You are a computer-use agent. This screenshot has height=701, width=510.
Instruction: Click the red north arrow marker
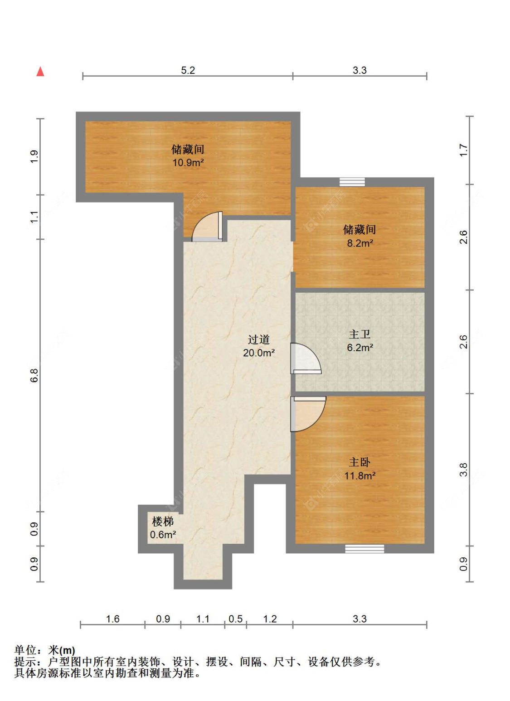point(40,72)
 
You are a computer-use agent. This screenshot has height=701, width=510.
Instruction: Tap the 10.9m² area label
point(188,162)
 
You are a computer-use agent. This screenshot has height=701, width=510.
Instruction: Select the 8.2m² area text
point(360,243)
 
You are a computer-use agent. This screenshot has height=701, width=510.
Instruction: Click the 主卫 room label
point(359,334)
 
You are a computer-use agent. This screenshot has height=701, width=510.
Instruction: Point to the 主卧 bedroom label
point(359,462)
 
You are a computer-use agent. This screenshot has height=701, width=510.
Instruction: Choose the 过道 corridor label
point(258,339)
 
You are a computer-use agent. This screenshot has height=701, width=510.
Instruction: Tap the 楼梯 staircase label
point(162,522)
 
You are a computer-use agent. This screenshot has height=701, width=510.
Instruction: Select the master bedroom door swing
point(308,414)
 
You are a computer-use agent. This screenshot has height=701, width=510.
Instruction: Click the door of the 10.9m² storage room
point(207,226)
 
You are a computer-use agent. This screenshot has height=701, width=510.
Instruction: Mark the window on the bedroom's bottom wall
point(364,549)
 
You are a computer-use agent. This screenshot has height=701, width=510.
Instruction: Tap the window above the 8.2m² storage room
point(352,182)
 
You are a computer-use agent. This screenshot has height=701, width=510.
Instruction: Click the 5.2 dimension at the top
point(188,70)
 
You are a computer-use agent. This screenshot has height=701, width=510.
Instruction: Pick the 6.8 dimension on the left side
point(34,375)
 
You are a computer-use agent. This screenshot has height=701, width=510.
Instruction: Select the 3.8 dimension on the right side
point(463,469)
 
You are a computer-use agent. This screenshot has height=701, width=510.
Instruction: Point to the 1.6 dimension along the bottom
point(113,619)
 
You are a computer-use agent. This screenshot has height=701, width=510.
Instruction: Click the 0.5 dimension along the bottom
point(235,619)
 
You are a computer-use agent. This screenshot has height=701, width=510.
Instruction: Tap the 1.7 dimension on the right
point(463,150)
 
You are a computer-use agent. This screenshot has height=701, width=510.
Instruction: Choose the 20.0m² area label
point(259,353)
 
